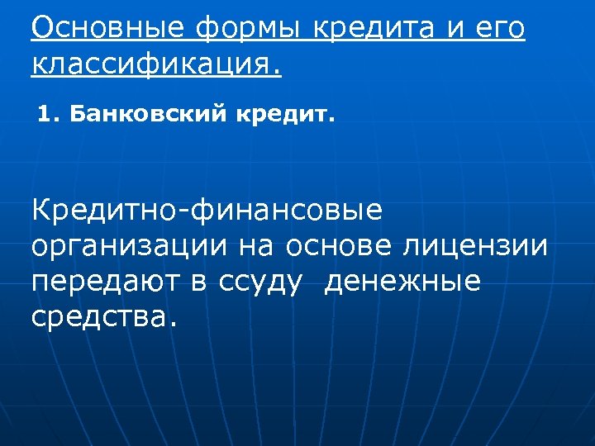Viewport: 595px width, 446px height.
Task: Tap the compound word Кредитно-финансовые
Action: [x=207, y=211]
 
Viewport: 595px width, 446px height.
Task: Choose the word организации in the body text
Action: [x=130, y=247]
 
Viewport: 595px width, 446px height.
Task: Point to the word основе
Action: [x=339, y=247]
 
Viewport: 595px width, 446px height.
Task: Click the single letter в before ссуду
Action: [x=199, y=282]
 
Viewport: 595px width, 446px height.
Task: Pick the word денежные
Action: [x=402, y=282]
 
